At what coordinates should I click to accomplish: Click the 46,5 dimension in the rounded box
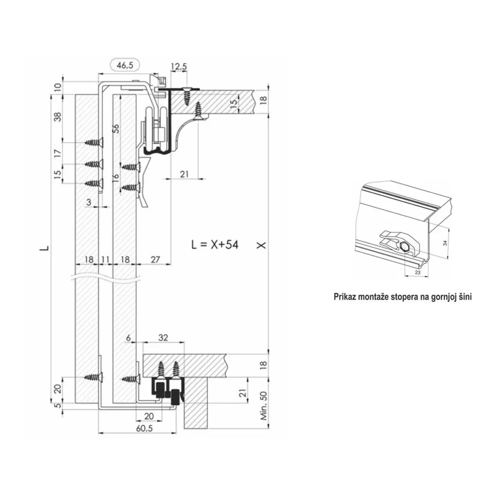[125, 66]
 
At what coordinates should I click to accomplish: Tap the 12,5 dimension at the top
[179, 66]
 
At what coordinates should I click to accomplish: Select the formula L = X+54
[215, 245]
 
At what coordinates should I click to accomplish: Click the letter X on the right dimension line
[261, 245]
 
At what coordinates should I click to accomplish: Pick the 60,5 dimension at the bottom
[144, 428]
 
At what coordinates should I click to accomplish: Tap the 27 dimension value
[155, 259]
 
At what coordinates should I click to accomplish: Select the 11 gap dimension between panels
[105, 259]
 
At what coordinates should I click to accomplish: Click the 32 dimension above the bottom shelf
[163, 337]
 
